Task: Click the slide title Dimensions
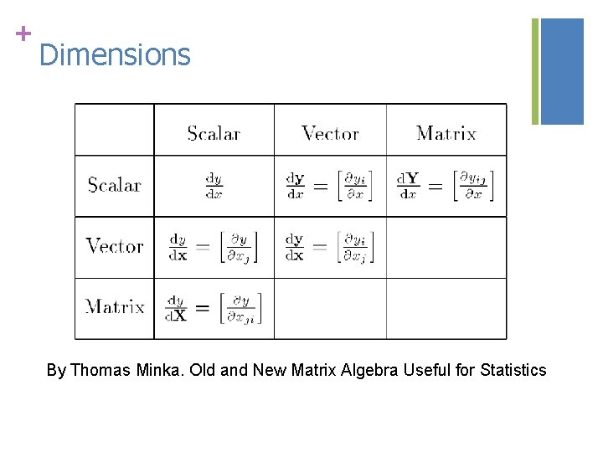pos(115,55)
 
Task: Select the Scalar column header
pos(214,133)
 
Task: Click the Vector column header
pos(330,133)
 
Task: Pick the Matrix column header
pos(446,133)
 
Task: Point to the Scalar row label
pos(115,185)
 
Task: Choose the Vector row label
pos(115,246)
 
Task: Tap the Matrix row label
pos(115,307)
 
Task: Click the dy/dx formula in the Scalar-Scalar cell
pos(214,186)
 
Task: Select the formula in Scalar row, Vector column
pos(329,186)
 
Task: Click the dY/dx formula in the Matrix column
pos(445,186)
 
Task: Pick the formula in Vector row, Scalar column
pos(214,247)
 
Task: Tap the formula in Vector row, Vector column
pos(329,247)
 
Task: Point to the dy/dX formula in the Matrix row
pos(214,308)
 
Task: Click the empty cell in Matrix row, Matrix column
pos(446,308)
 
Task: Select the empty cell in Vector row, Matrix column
pos(446,247)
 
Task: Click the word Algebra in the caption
pos(370,370)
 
